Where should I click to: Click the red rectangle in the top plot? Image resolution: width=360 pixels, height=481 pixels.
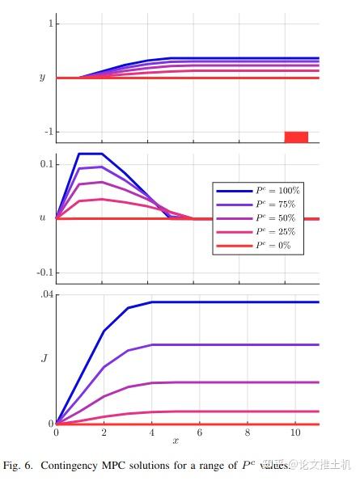pos(296,137)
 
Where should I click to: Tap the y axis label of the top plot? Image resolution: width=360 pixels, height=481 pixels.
pos(42,78)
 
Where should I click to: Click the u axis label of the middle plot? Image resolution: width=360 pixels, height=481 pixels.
pos(42,218)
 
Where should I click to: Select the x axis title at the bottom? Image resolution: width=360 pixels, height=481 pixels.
pos(175,441)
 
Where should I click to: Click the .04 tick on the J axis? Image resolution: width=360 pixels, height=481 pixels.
pos(46,295)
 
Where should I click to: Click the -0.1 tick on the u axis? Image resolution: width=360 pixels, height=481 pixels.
pos(44,272)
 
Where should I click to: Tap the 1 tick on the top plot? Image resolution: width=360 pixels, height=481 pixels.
pos(49,24)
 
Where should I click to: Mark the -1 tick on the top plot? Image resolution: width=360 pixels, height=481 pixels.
pos(47,132)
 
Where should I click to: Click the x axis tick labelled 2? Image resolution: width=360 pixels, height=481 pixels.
pos(103,434)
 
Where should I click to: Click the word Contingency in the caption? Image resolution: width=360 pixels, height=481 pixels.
pos(74,465)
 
